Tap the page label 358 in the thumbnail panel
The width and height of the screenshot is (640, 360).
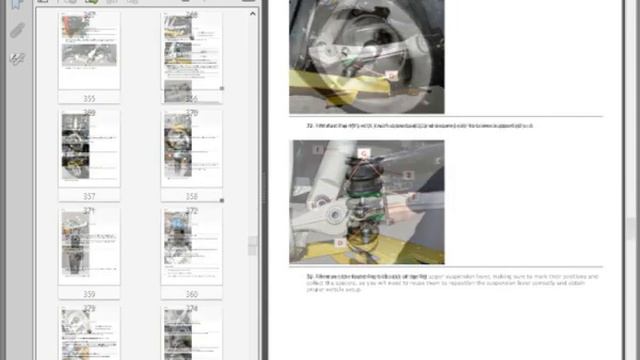point(191,197)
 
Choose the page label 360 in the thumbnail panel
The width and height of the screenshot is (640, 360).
point(191,294)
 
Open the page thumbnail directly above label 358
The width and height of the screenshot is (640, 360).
point(191,148)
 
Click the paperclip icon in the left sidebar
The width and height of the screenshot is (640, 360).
point(17,31)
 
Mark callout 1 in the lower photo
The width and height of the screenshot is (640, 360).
point(318,150)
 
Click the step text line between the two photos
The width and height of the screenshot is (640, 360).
point(420,125)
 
